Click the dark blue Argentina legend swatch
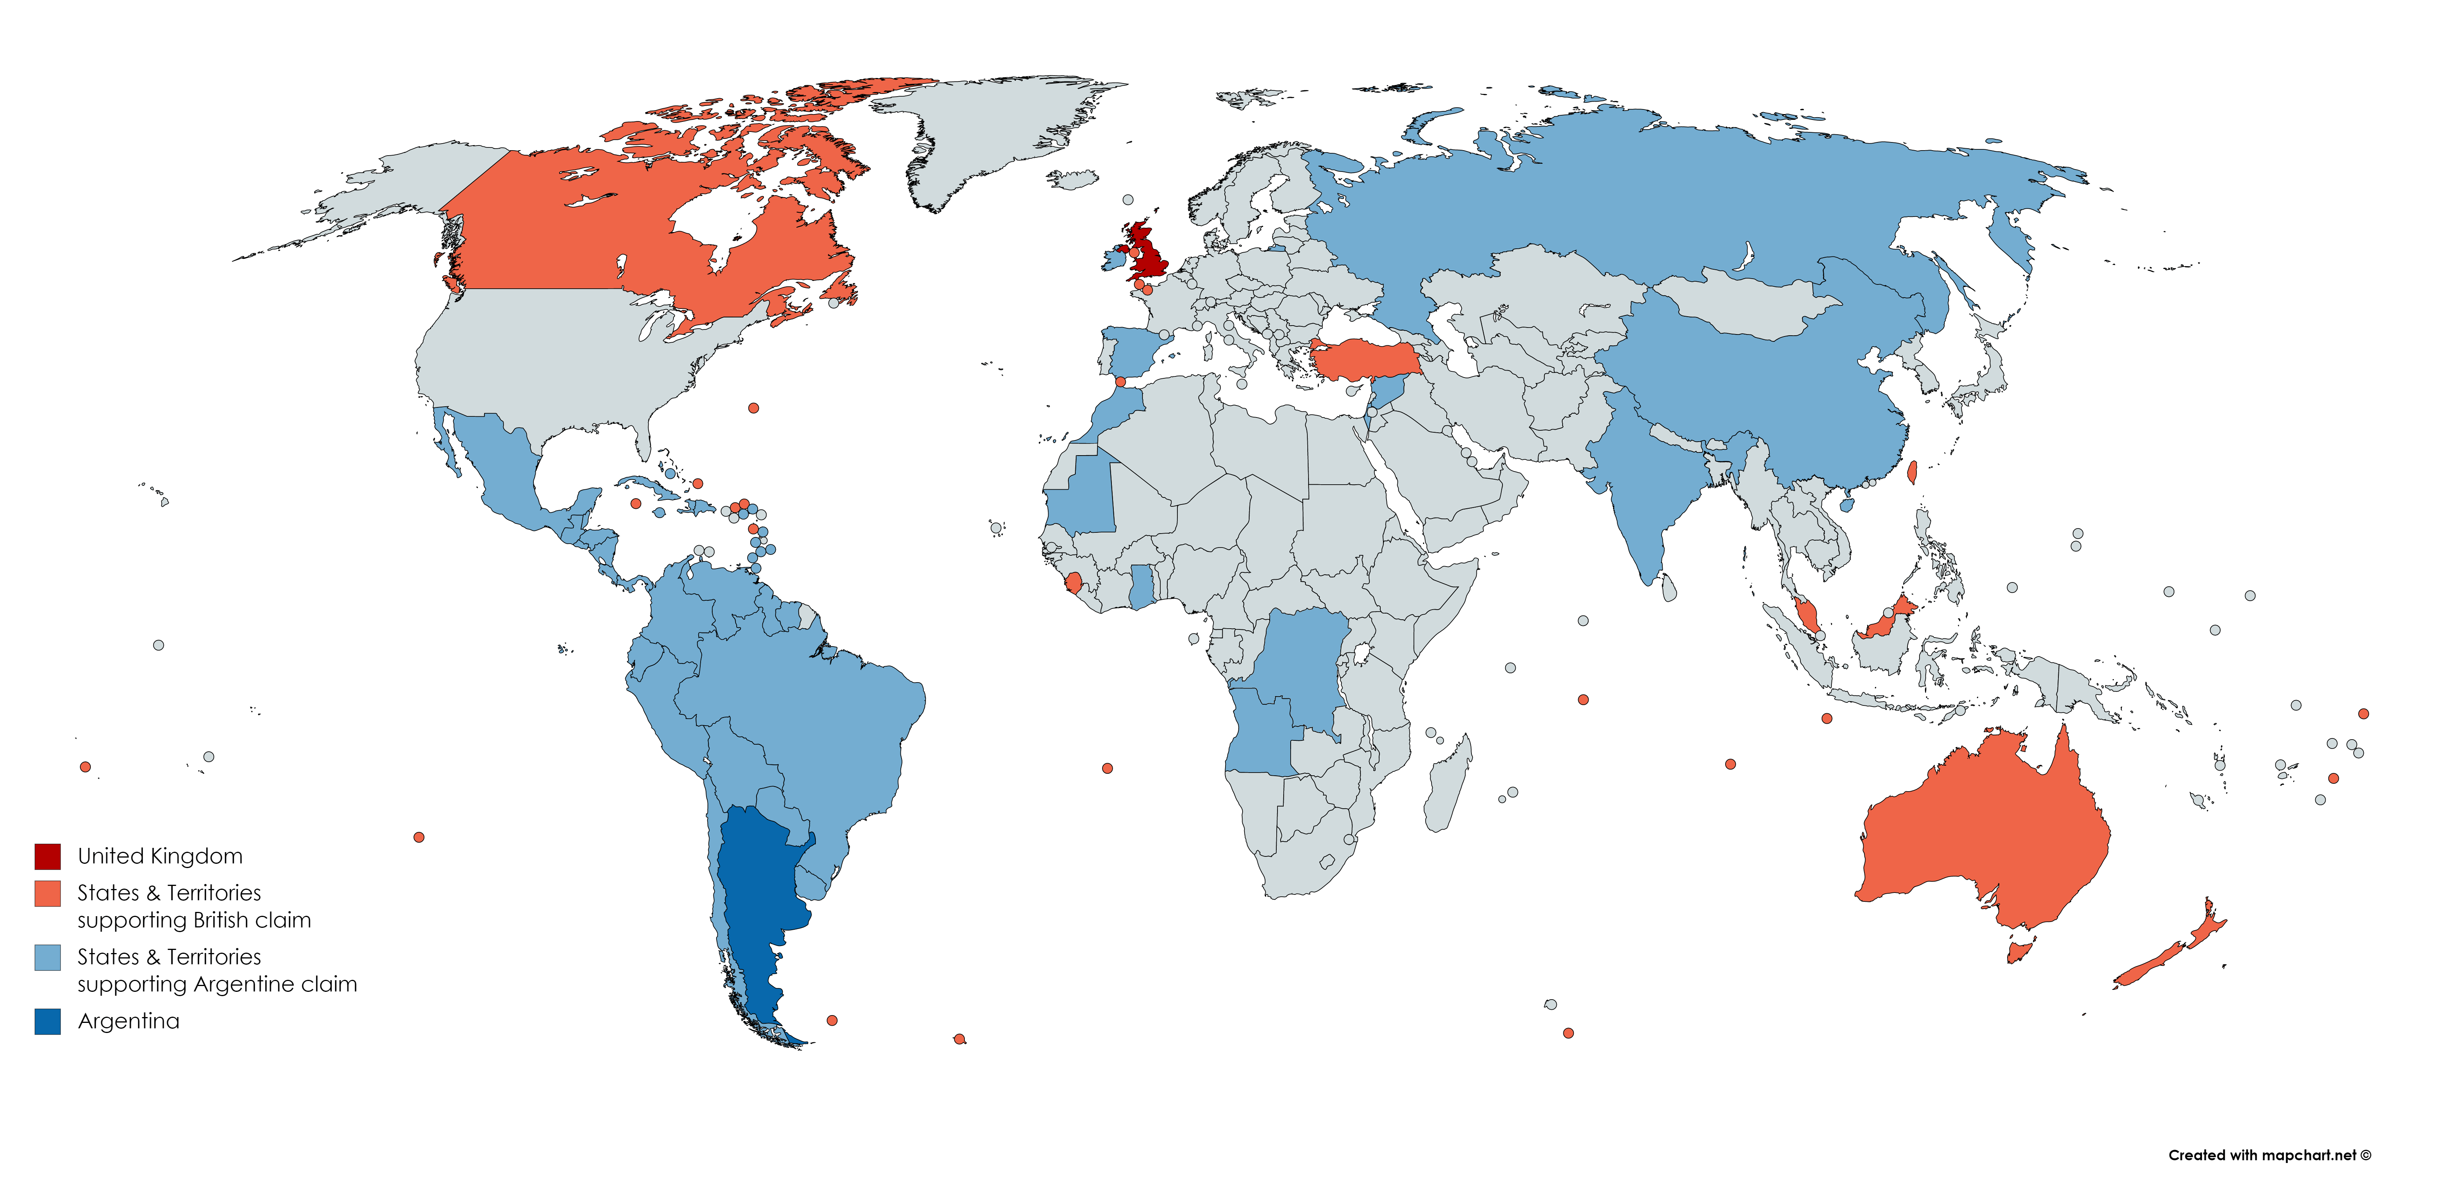(x=47, y=1022)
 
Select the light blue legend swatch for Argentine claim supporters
(x=47, y=957)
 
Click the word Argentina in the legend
(x=128, y=1022)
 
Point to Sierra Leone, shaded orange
(x=1073, y=581)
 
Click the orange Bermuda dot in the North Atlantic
(x=753, y=408)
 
